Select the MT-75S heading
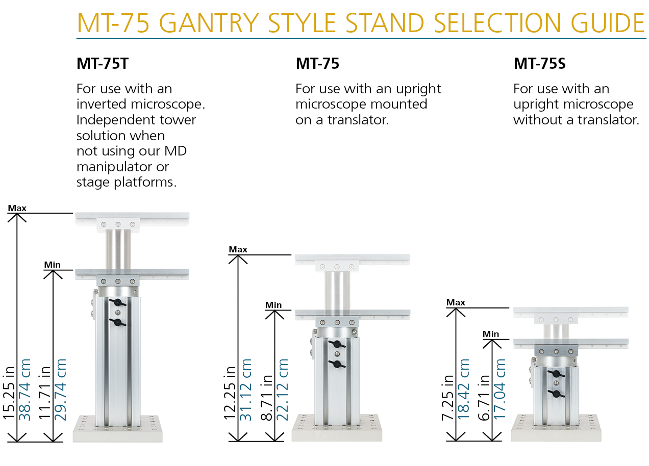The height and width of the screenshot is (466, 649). pyautogui.click(x=539, y=64)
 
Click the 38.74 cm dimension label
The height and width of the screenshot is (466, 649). pyautogui.click(x=26, y=390)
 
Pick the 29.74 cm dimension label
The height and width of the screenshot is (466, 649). pyautogui.click(x=61, y=390)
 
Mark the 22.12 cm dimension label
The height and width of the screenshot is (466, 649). pyautogui.click(x=283, y=390)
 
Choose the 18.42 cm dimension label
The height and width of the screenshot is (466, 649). pyautogui.click(x=463, y=390)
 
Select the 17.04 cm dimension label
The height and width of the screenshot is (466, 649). pyautogui.click(x=500, y=390)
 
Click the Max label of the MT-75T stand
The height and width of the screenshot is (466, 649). pyautogui.click(x=17, y=208)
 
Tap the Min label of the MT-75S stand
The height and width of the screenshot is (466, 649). pyautogui.click(x=491, y=334)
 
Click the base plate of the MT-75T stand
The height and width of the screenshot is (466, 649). pyautogui.click(x=117, y=429)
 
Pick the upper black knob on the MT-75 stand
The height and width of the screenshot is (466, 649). pyautogui.click(x=337, y=345)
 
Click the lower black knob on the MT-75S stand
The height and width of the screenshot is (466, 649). pyautogui.click(x=556, y=394)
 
